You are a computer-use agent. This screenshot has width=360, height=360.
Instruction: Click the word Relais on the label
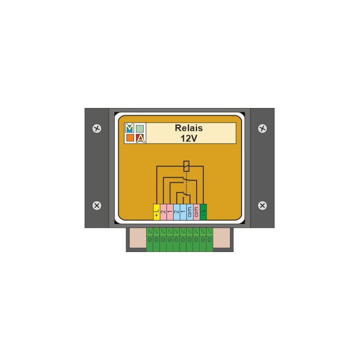point(189,128)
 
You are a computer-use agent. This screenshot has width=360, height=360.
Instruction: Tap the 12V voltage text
point(189,138)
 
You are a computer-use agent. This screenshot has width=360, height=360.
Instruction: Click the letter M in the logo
point(130,128)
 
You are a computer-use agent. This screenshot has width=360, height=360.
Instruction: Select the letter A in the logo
point(140,139)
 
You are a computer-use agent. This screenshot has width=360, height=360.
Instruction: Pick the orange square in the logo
point(130,139)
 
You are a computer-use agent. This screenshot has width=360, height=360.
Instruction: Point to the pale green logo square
point(140,128)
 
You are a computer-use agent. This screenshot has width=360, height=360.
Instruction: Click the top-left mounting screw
point(97,128)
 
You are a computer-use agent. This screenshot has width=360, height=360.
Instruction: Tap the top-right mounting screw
point(262,128)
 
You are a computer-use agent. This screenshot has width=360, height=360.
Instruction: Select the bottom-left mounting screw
point(97,205)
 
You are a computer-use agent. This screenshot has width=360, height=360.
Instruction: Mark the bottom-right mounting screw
point(262,205)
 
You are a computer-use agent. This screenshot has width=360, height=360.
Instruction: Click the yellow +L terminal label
point(157,212)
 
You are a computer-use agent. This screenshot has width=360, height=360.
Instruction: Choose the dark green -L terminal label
point(203,212)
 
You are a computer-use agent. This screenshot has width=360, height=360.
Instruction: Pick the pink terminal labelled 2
point(163,212)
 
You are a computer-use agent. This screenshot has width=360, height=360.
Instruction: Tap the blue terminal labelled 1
point(183,212)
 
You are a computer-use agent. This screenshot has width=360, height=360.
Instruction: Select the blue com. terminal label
point(190,212)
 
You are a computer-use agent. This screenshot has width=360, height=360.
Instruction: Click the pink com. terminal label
point(197,212)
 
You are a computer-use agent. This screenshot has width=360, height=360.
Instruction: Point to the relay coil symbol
point(186,165)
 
